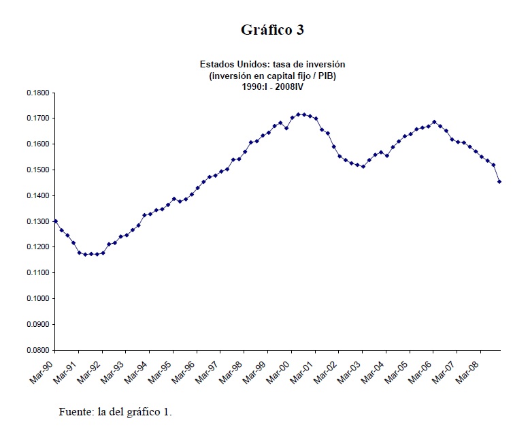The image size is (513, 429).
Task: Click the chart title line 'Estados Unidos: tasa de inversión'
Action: point(272,64)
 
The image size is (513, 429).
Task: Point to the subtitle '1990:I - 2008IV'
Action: point(272,86)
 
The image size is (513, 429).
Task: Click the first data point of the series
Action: point(55,221)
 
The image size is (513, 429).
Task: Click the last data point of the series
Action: point(499,182)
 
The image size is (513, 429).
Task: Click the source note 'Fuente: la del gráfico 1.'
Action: point(116,411)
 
